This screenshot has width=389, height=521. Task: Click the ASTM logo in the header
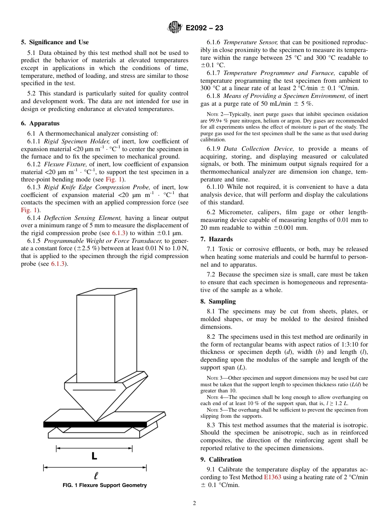[175, 28]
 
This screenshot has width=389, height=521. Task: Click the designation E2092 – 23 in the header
[204, 28]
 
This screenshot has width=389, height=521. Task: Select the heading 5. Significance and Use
[55, 42]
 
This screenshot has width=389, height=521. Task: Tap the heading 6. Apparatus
[40, 123]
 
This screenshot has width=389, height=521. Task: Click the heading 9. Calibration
[221, 460]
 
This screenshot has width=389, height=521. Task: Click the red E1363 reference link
[272, 477]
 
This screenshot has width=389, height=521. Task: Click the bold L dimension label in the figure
[94, 456]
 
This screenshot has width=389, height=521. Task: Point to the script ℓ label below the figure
[96, 476]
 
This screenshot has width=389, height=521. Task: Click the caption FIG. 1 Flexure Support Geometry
[104, 485]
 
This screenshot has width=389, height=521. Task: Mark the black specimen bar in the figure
[95, 424]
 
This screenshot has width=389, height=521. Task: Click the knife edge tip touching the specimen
[96, 421]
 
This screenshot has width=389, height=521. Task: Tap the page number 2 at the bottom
[194, 503]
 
